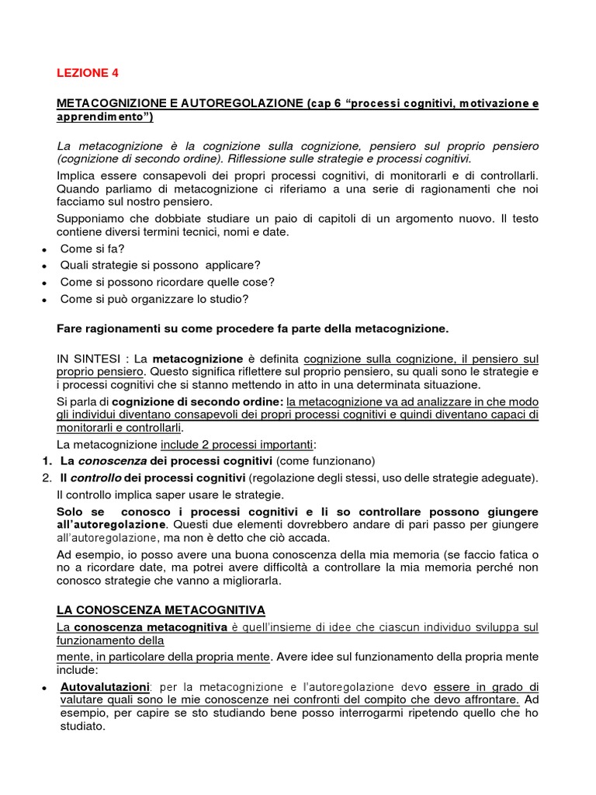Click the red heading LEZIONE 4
[88, 73]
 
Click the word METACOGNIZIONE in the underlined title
[112, 103]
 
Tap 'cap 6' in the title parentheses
[324, 103]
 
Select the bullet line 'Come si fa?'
[92, 248]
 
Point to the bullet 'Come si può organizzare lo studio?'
[154, 299]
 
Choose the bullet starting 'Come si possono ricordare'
[167, 282]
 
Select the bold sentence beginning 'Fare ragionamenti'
[253, 328]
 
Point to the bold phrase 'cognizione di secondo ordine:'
[198, 402]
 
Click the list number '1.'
[47, 461]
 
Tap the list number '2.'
[47, 477]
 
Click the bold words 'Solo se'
[80, 512]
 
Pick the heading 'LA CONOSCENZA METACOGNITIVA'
[161, 609]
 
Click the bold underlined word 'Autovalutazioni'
[105, 687]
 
